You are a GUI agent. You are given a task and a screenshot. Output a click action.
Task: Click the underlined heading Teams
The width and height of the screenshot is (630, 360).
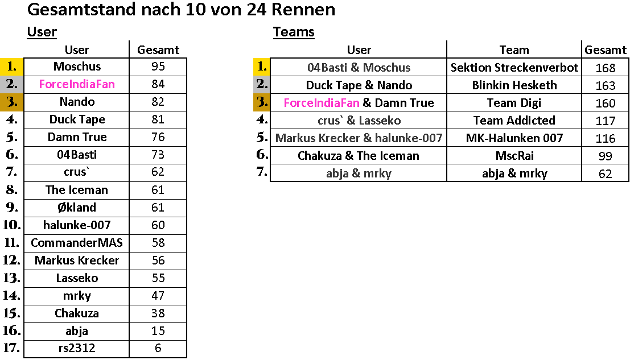294,32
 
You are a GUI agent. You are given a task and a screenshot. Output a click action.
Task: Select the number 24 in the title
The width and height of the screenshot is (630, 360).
256,9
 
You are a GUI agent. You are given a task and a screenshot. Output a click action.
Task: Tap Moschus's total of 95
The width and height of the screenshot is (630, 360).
158,67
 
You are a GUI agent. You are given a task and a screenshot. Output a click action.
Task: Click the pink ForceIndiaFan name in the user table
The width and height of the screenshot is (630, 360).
77,84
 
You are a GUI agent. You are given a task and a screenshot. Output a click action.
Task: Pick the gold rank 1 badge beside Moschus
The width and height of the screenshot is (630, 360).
12,67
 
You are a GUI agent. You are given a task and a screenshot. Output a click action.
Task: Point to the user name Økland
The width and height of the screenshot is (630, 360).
77,208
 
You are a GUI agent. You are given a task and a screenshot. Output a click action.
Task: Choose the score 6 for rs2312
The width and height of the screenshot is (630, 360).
158,348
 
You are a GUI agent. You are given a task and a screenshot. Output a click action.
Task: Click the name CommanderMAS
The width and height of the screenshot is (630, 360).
77,243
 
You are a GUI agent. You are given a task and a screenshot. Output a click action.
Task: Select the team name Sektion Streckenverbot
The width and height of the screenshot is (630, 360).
514,68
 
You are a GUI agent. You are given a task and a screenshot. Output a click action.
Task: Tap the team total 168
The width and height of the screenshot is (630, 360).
606,68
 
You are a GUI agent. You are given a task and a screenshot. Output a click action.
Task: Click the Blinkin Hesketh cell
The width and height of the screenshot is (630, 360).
514,85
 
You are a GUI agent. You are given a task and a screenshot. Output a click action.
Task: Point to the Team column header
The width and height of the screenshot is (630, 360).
514,50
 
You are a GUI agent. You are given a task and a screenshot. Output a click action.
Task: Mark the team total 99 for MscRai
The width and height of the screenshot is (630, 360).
606,156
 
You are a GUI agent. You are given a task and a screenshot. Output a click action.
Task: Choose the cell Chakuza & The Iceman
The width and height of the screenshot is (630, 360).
359,156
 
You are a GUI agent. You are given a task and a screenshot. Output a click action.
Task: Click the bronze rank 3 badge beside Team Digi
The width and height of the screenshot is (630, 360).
262,102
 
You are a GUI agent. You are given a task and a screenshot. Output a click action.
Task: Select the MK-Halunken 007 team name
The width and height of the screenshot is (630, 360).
514,138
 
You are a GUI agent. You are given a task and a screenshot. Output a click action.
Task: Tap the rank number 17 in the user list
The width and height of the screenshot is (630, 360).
11,347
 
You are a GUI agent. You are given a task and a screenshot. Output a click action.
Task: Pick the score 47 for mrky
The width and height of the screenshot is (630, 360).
158,296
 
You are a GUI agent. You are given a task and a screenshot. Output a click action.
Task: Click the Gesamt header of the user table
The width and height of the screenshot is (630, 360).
158,50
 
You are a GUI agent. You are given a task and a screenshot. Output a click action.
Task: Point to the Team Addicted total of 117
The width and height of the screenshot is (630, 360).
606,121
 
